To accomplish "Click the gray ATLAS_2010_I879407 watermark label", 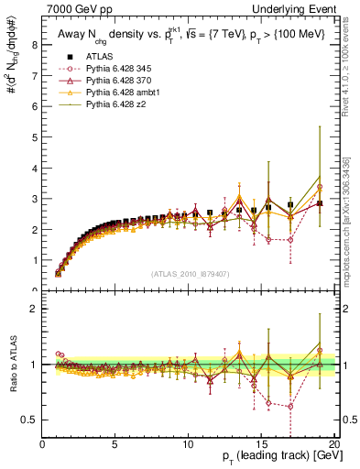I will pos(189,273).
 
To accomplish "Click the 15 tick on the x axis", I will pos(263,444).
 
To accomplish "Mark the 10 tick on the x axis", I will pos(189,444).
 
